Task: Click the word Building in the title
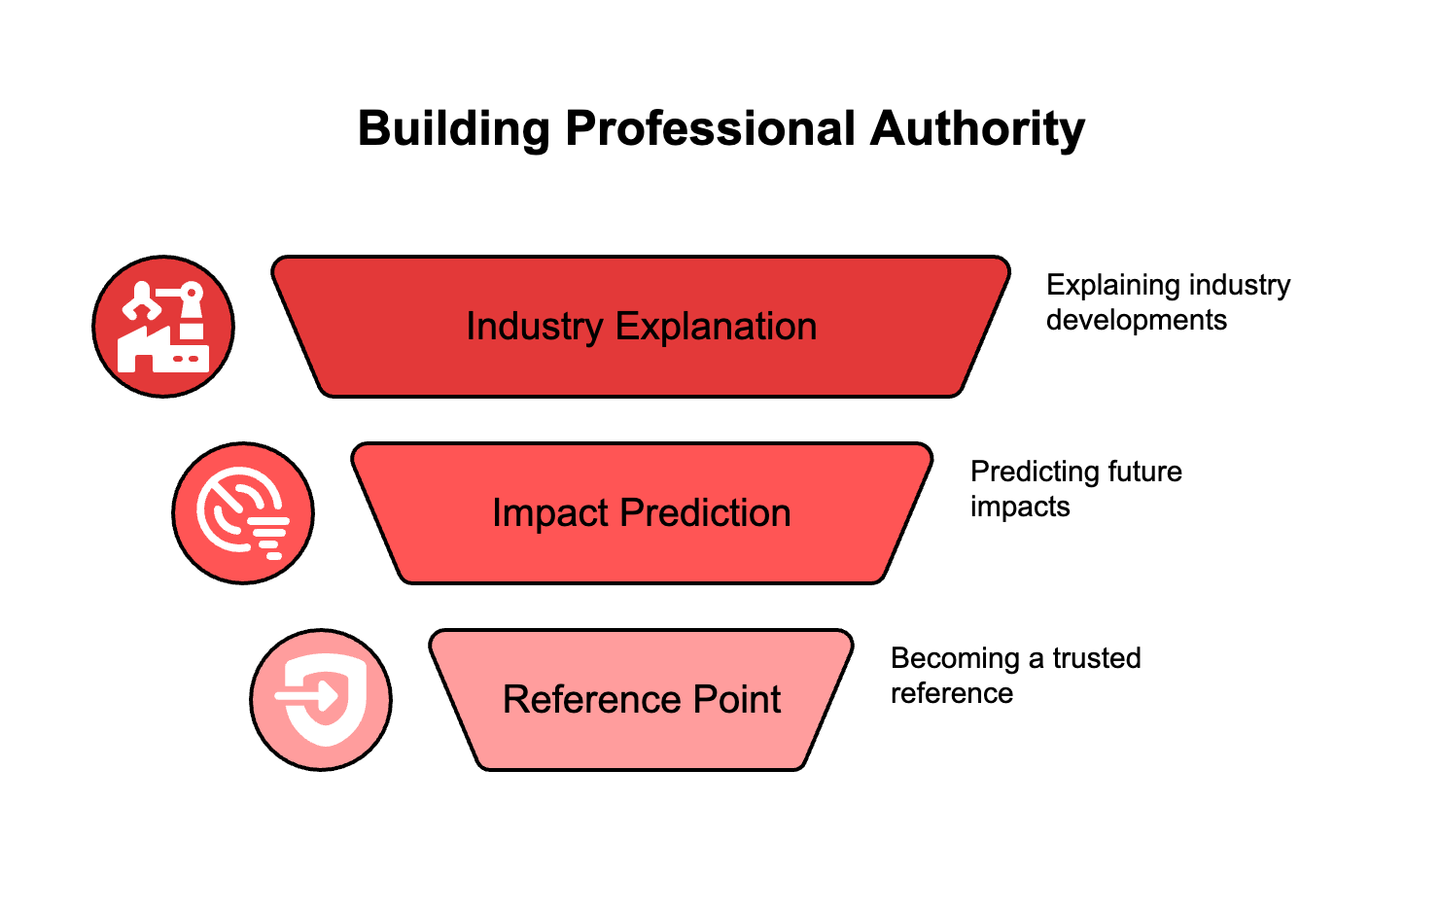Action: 454,129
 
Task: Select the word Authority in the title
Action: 977,129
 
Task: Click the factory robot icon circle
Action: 163,327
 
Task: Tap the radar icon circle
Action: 243,513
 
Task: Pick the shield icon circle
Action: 321,700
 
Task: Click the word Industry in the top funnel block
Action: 535,328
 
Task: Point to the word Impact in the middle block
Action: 549,513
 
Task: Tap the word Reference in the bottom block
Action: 579,700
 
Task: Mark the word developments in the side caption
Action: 1137,321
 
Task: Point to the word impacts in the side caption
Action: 1020,507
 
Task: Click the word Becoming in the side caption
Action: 955,659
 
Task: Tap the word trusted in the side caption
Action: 1097,659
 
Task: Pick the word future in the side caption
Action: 1149,472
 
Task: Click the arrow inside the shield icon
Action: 309,695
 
